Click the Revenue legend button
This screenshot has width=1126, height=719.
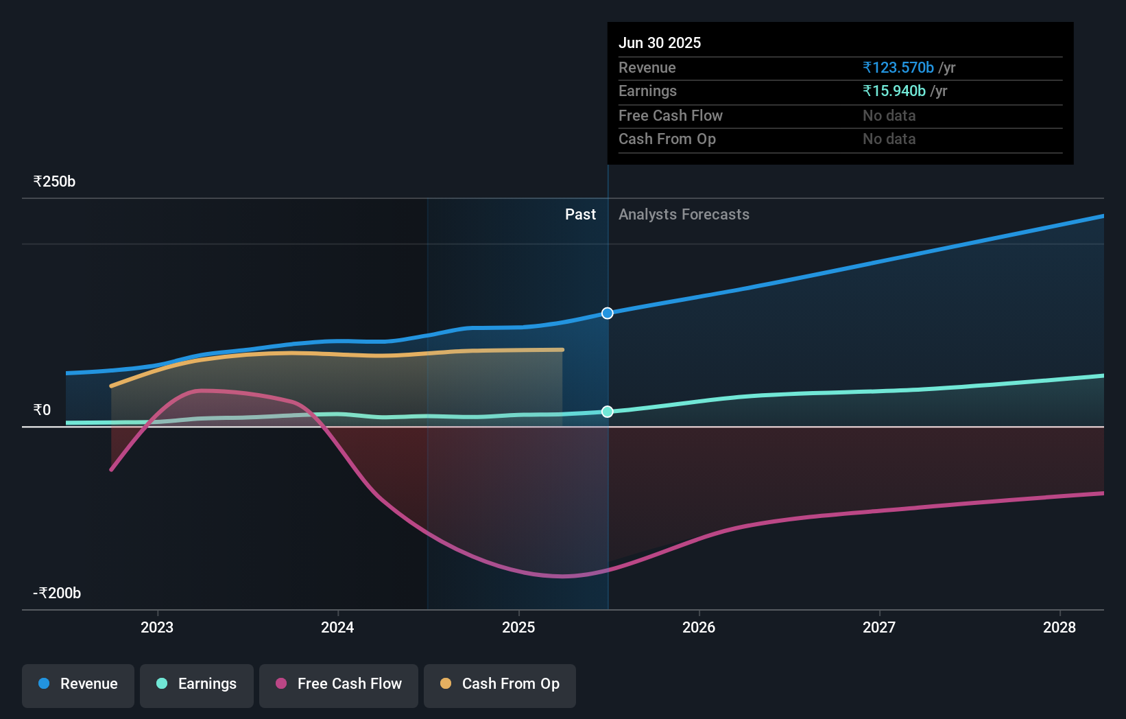[x=78, y=685]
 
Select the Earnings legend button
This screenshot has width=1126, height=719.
[x=197, y=685]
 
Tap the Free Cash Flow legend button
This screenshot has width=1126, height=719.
[x=339, y=685]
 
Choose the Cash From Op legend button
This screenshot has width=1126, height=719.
[x=500, y=685]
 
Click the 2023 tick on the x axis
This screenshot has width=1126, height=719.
[x=157, y=627]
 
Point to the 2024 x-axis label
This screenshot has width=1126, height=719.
[x=337, y=627]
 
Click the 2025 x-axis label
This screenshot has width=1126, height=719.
[x=518, y=627]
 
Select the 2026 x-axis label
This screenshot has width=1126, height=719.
[x=699, y=627]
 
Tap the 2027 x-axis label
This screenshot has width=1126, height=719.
[x=879, y=627]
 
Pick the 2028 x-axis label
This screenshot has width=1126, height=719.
[x=1059, y=627]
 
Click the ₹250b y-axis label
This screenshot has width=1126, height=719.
[x=54, y=182]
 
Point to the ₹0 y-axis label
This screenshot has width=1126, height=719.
[x=42, y=410]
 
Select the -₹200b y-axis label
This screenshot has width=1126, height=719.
[x=57, y=593]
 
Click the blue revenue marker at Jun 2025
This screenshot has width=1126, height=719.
[x=608, y=314]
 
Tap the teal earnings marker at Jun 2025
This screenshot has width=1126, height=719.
[x=608, y=412]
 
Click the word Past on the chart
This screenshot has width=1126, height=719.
[x=580, y=215]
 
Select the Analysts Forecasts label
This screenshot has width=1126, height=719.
[x=684, y=215]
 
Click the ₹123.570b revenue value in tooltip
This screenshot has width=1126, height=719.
[x=898, y=68]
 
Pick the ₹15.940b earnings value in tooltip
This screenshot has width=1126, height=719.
[x=894, y=91]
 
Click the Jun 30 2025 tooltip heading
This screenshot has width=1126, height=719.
[x=660, y=43]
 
